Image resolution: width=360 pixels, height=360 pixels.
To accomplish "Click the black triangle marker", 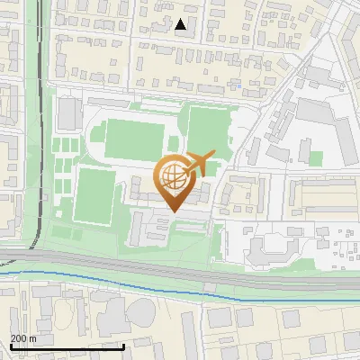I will pos(181,24).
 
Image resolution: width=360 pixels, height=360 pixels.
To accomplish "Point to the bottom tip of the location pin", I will pos(172,212).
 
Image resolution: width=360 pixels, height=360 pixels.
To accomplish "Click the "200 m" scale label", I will pos(23,338).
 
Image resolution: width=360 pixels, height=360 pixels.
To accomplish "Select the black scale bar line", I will pos(67,346).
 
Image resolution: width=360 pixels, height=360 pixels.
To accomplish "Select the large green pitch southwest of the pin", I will pos(94,196).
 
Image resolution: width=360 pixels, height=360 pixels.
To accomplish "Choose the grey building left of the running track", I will pos(67,114).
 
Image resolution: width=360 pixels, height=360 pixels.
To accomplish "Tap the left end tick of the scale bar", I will pos(11,346).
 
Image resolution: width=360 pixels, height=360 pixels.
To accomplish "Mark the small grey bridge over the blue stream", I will pos(208,290).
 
